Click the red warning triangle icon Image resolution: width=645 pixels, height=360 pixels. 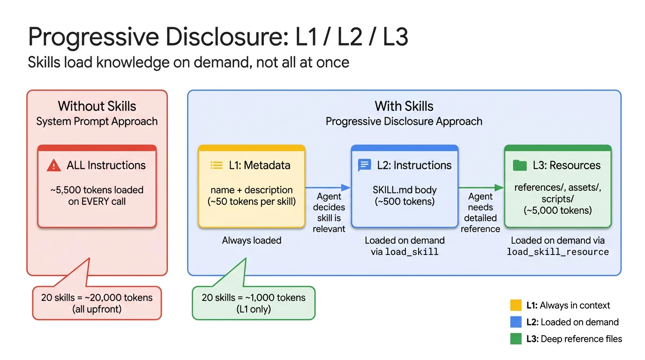tap(54, 165)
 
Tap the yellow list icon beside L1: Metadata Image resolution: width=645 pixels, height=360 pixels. tap(217, 165)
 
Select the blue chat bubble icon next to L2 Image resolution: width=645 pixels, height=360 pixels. tap(364, 165)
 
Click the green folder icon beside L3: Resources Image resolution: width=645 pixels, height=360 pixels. tap(519, 165)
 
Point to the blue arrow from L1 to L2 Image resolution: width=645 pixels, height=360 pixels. tap(328, 187)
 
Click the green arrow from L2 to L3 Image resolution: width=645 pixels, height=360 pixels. tap(480, 187)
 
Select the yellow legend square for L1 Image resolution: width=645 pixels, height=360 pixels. tap(516, 306)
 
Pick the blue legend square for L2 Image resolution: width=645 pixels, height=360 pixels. tap(516, 322)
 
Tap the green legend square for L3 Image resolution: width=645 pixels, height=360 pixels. tap(516, 338)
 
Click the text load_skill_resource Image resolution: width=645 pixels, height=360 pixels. tap(558, 252)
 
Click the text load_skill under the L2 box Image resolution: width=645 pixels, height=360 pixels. tap(412, 252)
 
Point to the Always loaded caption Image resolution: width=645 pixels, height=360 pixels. tap(252, 240)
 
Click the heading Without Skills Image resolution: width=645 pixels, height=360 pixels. tap(97, 106)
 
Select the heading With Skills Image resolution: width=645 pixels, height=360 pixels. tap(404, 106)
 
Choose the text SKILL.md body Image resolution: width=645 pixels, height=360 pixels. tap(405, 190)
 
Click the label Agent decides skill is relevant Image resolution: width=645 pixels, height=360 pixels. tap(329, 212)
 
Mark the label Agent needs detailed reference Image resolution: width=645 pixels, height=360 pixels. tap(480, 212)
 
